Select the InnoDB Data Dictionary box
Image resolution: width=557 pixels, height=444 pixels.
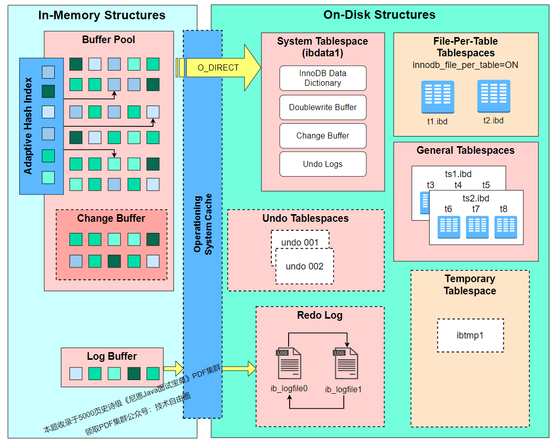[x=323, y=78]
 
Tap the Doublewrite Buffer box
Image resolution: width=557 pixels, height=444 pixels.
[x=323, y=107]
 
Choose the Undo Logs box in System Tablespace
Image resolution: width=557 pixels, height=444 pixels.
[x=323, y=164]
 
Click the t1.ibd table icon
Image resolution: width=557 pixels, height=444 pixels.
[x=437, y=97]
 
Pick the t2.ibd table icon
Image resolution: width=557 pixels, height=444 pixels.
[x=493, y=96]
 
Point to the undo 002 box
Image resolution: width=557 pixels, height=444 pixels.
[x=304, y=266]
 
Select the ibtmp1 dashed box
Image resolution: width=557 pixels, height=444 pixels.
[x=470, y=335]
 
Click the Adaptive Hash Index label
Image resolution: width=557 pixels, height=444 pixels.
[x=28, y=125]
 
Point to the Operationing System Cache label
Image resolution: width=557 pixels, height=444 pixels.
[x=203, y=224]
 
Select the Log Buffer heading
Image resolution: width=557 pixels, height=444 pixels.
[x=112, y=356]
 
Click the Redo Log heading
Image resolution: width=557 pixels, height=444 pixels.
[x=320, y=315]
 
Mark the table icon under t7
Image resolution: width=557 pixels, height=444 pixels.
[x=477, y=227]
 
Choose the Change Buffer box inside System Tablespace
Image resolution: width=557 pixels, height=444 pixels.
[x=323, y=135]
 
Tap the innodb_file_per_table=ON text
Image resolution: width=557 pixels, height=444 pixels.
[x=465, y=65]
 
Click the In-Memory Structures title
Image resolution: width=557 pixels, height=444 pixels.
[x=101, y=15]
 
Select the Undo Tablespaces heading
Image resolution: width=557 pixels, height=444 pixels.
[x=305, y=218]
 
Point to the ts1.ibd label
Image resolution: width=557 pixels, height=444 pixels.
[x=458, y=174]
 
